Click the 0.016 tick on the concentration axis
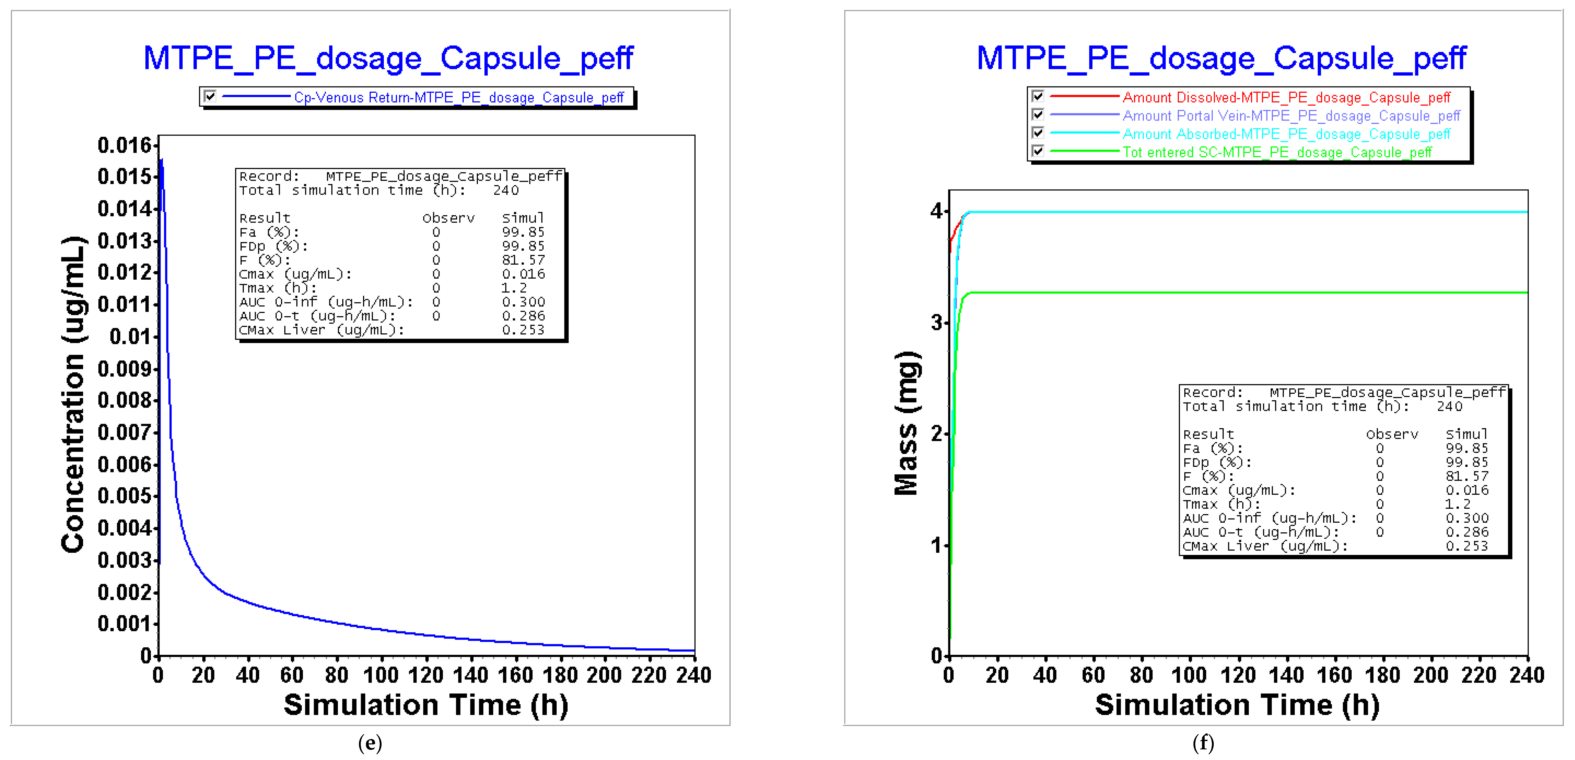[x=124, y=145]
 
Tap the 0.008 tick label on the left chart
[x=124, y=400]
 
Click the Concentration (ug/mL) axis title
[x=73, y=394]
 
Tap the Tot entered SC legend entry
[x=1277, y=152]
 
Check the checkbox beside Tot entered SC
[x=1038, y=151]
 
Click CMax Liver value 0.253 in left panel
[x=523, y=330]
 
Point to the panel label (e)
[x=370, y=743]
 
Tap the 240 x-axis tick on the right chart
[x=1527, y=675]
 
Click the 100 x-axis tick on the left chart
[x=381, y=675]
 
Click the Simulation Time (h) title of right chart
[x=1237, y=705]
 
